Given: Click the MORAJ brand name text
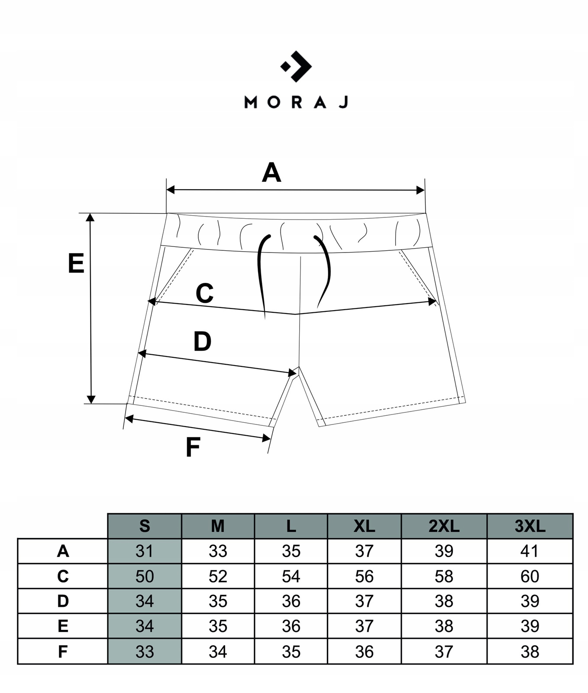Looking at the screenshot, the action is [296, 102].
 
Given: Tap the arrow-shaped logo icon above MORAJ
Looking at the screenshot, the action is [296, 66].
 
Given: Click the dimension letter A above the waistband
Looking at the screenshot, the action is [271, 172].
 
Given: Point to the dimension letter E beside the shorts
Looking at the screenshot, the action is [76, 263].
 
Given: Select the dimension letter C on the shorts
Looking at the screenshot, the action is [204, 293].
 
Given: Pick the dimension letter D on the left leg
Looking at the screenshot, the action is [202, 341].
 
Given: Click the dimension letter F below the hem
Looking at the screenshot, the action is [193, 447].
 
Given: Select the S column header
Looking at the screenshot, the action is [145, 526].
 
